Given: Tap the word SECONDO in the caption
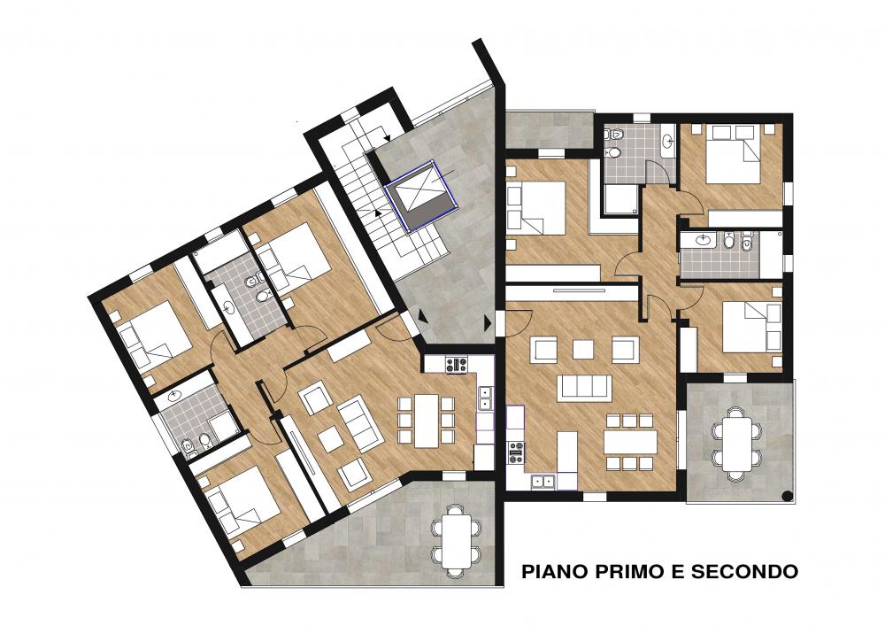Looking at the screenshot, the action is point(745,571).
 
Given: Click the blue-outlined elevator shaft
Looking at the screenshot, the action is point(420,196).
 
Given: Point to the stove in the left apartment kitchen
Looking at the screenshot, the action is point(456,365).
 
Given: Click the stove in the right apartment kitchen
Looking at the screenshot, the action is point(516,452).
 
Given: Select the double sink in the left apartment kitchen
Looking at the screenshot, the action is point(485,398).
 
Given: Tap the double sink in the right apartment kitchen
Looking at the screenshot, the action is point(543,482).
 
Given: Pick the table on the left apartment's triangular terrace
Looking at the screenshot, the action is point(456,539).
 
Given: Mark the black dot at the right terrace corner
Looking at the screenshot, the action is point(787,496).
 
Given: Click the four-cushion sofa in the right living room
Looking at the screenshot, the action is point(584,388).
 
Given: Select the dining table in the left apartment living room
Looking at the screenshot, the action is point(427,420).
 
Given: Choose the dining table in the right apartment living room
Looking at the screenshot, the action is point(630,442).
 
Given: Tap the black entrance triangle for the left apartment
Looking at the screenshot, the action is point(421,320).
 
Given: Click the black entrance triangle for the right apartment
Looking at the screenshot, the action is point(488,322).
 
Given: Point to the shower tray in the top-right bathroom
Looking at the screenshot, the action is point(621,199).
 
